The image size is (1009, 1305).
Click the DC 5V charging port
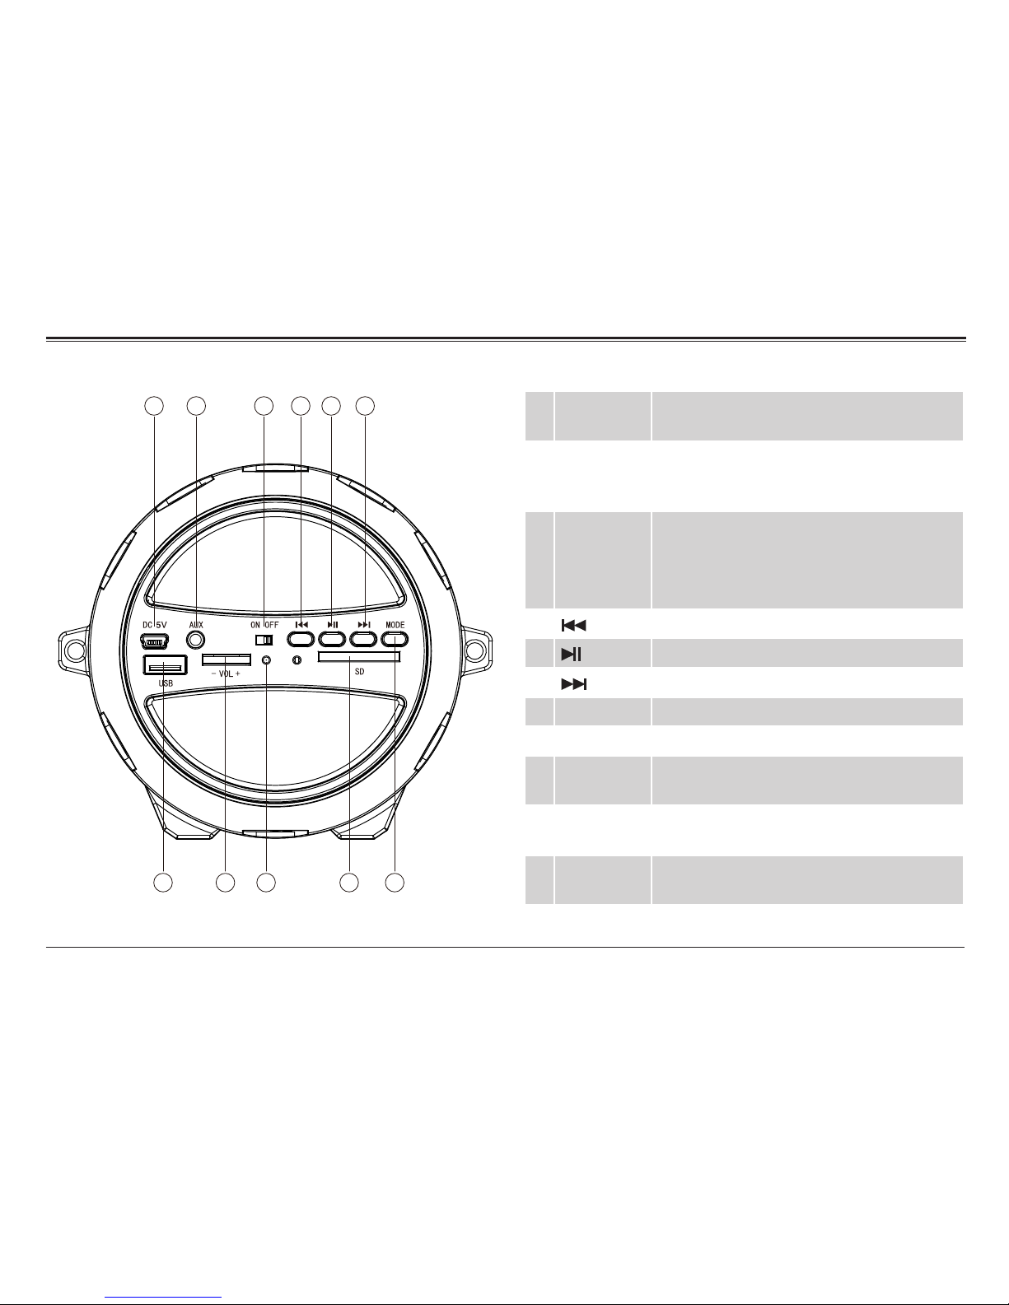[x=154, y=642]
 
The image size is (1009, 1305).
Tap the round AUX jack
[x=196, y=640]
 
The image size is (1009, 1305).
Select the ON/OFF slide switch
[x=264, y=641]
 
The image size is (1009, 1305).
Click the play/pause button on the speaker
[x=332, y=639]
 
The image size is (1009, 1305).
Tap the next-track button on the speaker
[x=363, y=639]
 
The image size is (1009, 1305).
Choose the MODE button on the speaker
[x=395, y=639]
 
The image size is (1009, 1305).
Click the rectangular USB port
[x=166, y=665]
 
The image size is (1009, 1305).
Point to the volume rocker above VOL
[x=226, y=660]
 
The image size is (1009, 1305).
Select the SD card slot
[x=358, y=657]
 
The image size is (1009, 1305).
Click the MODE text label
[x=395, y=625]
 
